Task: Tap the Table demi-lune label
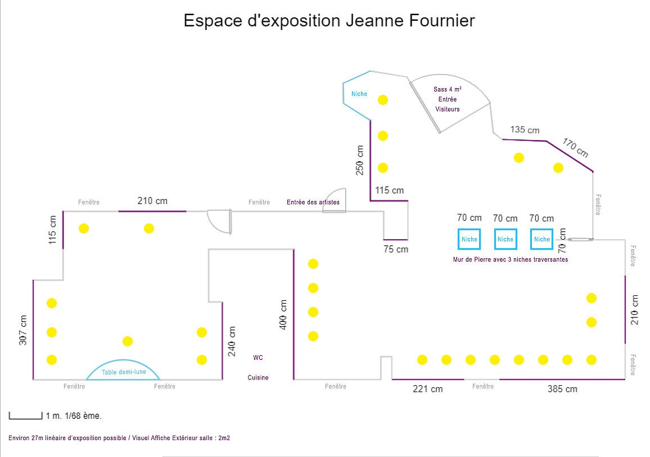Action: pos(124,372)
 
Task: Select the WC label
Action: pos(258,357)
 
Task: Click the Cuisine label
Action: pos(258,377)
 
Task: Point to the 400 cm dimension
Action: pos(283,314)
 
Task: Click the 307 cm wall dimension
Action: pos(23,330)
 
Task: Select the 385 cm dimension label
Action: pos(562,389)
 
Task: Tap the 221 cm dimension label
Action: pos(428,389)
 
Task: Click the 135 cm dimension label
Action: pos(525,130)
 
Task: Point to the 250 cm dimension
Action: pos(360,160)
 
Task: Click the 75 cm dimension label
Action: pos(396,249)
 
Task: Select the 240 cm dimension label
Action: pos(232,341)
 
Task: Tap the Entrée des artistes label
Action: pos(313,202)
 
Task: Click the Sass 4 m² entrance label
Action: pos(448,99)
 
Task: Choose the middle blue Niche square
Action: pos(505,239)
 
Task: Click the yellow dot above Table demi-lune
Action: pos(128,341)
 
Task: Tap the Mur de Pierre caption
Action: pos(510,259)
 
